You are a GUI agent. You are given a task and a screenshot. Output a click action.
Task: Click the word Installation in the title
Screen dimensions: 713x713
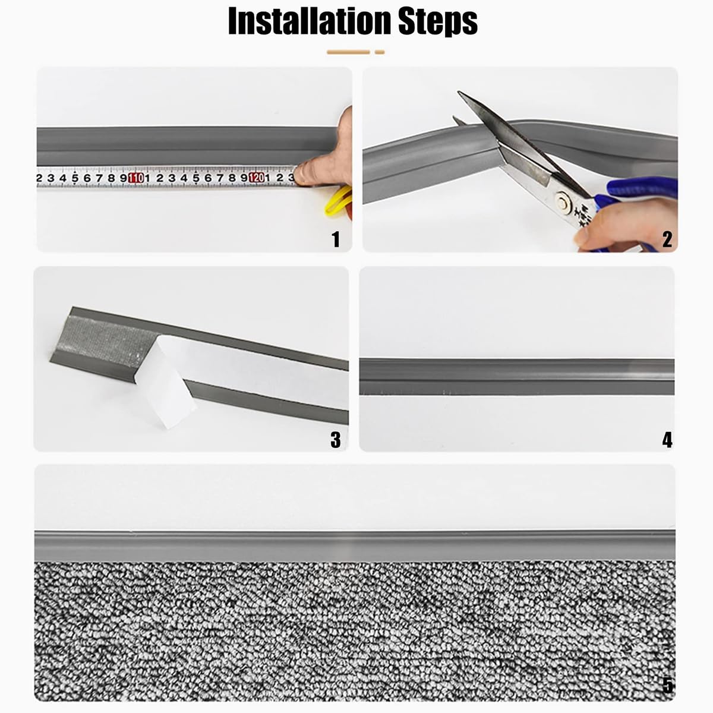click(x=310, y=21)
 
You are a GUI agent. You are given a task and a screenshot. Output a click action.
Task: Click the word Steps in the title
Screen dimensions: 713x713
click(x=438, y=22)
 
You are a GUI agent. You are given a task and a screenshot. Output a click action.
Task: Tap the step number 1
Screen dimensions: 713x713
click(x=336, y=239)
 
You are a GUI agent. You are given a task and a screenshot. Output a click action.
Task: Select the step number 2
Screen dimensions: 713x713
click(x=667, y=239)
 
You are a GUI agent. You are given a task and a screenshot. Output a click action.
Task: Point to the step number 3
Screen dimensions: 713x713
click(x=335, y=440)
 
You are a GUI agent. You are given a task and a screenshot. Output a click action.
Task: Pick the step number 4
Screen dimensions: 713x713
click(x=667, y=440)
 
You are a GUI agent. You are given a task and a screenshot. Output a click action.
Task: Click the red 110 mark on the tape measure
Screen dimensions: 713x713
click(x=136, y=178)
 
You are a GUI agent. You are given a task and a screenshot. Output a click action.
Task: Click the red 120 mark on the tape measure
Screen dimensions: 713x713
click(x=257, y=178)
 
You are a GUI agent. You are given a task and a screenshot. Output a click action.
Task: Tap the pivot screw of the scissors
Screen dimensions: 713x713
click(x=563, y=202)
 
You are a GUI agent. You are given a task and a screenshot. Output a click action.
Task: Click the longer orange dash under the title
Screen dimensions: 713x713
click(x=348, y=52)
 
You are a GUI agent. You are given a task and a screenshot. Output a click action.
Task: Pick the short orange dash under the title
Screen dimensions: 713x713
click(x=380, y=52)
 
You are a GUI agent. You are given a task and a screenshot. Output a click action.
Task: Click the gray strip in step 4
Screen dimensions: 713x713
click(x=516, y=376)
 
